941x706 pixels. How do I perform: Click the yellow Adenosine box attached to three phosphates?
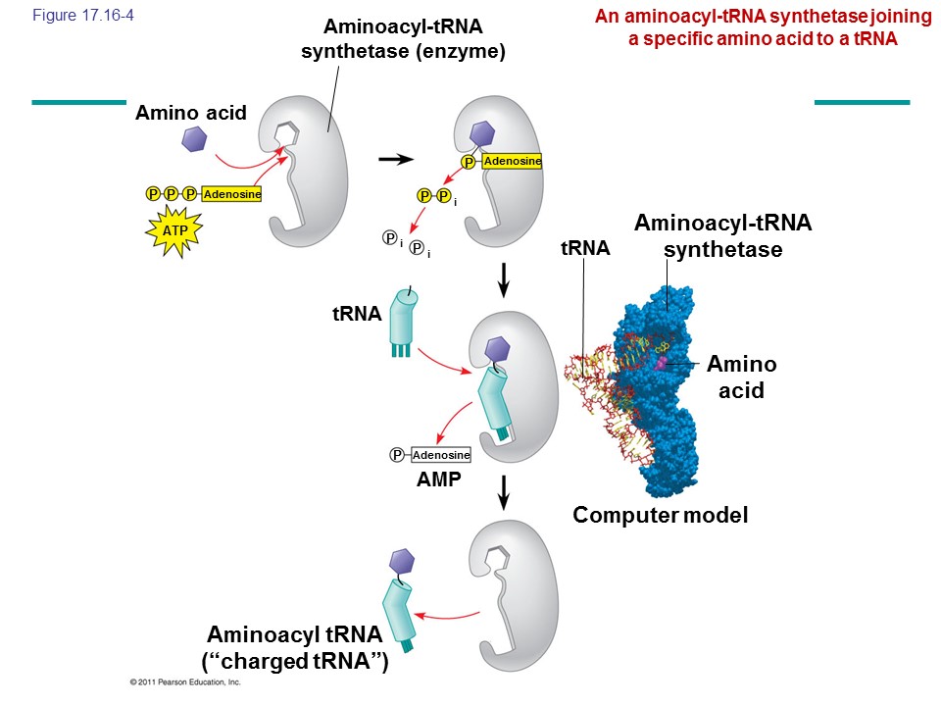pyautogui.click(x=232, y=194)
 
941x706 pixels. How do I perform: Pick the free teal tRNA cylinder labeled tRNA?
pyautogui.click(x=404, y=317)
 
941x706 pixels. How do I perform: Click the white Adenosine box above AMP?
pyautogui.click(x=441, y=455)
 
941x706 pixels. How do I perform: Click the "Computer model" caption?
pyautogui.click(x=660, y=515)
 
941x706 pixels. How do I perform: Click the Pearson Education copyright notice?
pyautogui.click(x=184, y=681)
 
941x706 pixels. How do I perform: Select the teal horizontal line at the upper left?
pyautogui.click(x=78, y=101)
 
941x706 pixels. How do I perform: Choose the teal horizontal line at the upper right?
pyautogui.click(x=862, y=101)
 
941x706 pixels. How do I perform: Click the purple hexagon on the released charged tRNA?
pyautogui.click(x=403, y=562)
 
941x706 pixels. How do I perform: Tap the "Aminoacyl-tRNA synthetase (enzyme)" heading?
pyautogui.click(x=402, y=39)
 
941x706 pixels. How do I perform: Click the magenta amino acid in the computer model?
pyautogui.click(x=662, y=364)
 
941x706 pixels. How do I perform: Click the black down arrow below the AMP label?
pyautogui.click(x=504, y=490)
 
